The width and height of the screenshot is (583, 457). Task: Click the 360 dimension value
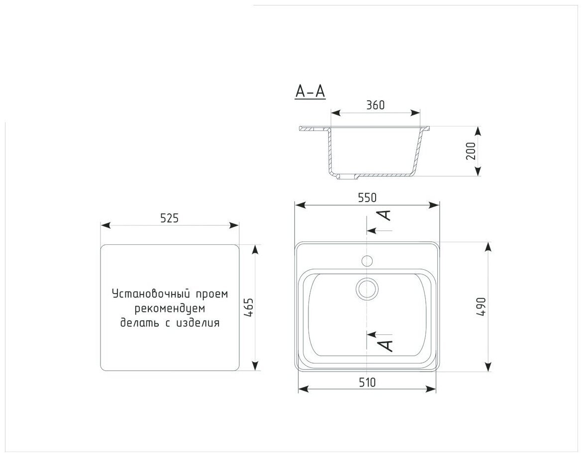(x=375, y=105)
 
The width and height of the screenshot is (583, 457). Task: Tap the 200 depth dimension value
(x=471, y=151)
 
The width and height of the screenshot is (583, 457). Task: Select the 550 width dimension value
(x=367, y=198)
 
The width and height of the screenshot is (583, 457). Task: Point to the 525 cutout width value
(x=170, y=218)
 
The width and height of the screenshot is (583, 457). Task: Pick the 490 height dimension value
(x=482, y=306)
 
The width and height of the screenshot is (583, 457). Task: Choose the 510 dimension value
(x=367, y=382)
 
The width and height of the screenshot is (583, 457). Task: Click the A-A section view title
(x=310, y=92)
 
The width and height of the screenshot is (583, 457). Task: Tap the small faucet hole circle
(x=367, y=261)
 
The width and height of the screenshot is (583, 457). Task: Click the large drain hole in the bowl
(x=367, y=289)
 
